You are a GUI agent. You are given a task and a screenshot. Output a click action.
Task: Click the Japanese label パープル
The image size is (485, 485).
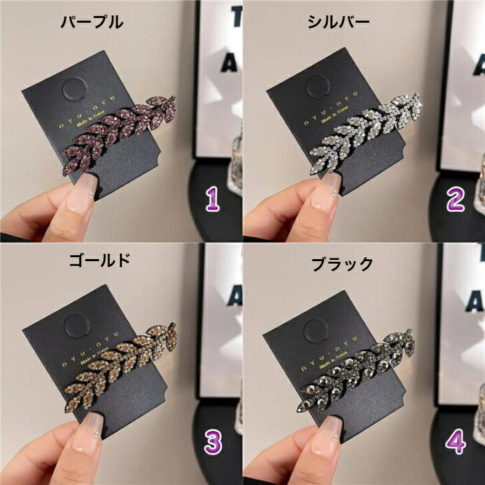pos(92,22)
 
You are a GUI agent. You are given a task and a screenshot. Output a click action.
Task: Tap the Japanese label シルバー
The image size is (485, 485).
pos(338,22)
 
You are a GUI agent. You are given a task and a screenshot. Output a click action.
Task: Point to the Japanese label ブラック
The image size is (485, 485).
pos(343,264)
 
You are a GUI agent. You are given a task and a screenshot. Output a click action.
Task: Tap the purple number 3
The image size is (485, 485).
pos(212,441)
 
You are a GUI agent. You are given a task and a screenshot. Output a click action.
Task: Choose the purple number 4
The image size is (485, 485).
pos(454,441)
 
